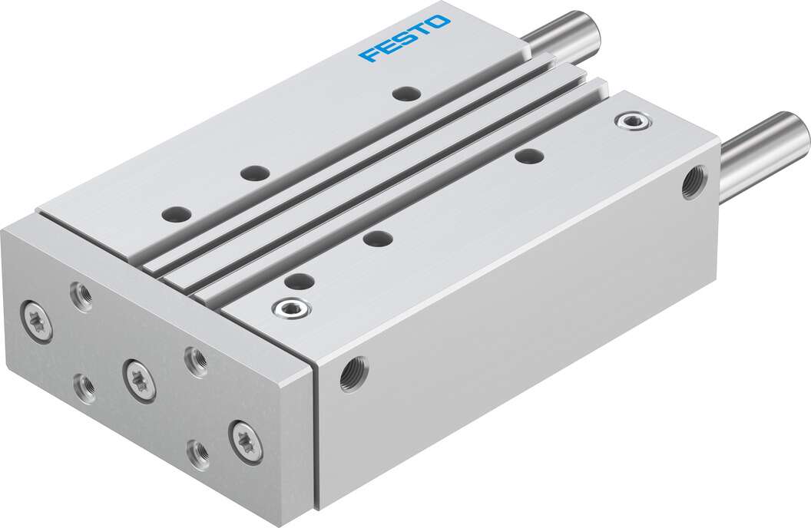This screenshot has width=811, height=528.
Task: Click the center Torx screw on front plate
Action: click(x=140, y=379)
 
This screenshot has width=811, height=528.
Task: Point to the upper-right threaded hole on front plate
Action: click(x=194, y=361)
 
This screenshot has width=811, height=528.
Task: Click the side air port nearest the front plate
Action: click(x=353, y=372)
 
